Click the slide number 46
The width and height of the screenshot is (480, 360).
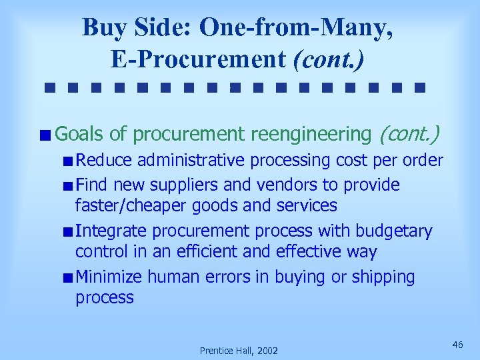(x=457, y=344)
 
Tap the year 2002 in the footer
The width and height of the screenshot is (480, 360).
(x=266, y=351)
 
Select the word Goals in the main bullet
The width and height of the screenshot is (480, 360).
(x=79, y=135)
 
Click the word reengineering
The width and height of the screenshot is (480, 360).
(x=310, y=135)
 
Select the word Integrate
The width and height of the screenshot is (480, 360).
(x=111, y=231)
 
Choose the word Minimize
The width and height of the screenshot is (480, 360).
(x=109, y=277)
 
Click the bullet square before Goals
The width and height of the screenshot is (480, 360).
(x=44, y=136)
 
